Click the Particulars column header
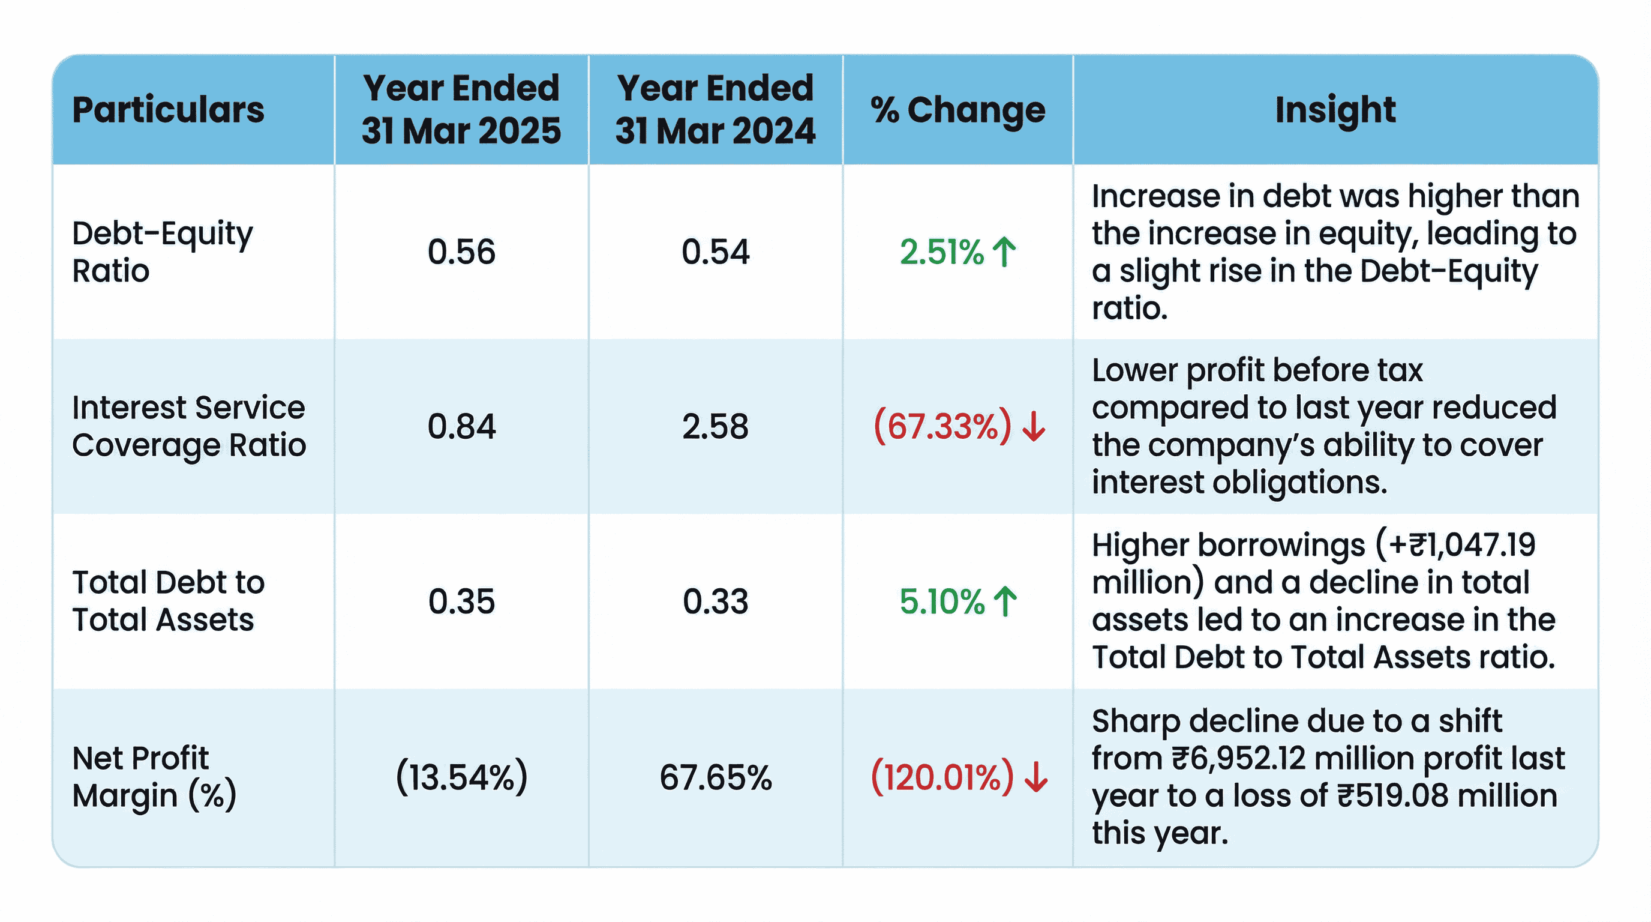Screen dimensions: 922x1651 coord(168,110)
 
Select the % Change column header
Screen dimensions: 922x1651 coord(957,110)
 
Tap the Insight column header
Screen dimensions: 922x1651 coord(1335,110)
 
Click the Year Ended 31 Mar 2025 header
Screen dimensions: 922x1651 coord(461,110)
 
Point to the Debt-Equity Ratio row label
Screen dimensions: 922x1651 coord(162,252)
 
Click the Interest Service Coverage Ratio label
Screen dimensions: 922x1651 coord(188,426)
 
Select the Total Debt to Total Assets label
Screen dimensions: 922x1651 coord(168,601)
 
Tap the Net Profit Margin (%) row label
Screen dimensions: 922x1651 coord(154,777)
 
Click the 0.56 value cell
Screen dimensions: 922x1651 coord(461,252)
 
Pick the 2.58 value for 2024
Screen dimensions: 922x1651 coord(715,426)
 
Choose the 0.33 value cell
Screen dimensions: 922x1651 coord(715,601)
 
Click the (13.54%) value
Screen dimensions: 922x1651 coord(461,777)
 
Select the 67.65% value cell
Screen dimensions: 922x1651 coord(715,777)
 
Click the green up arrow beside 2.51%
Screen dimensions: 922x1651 coord(1004,252)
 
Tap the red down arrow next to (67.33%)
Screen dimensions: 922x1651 coord(1033,426)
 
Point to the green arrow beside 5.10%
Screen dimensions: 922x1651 coord(1004,601)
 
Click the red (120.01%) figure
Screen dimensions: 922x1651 coord(942,777)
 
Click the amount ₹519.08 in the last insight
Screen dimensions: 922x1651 coord(1392,796)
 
